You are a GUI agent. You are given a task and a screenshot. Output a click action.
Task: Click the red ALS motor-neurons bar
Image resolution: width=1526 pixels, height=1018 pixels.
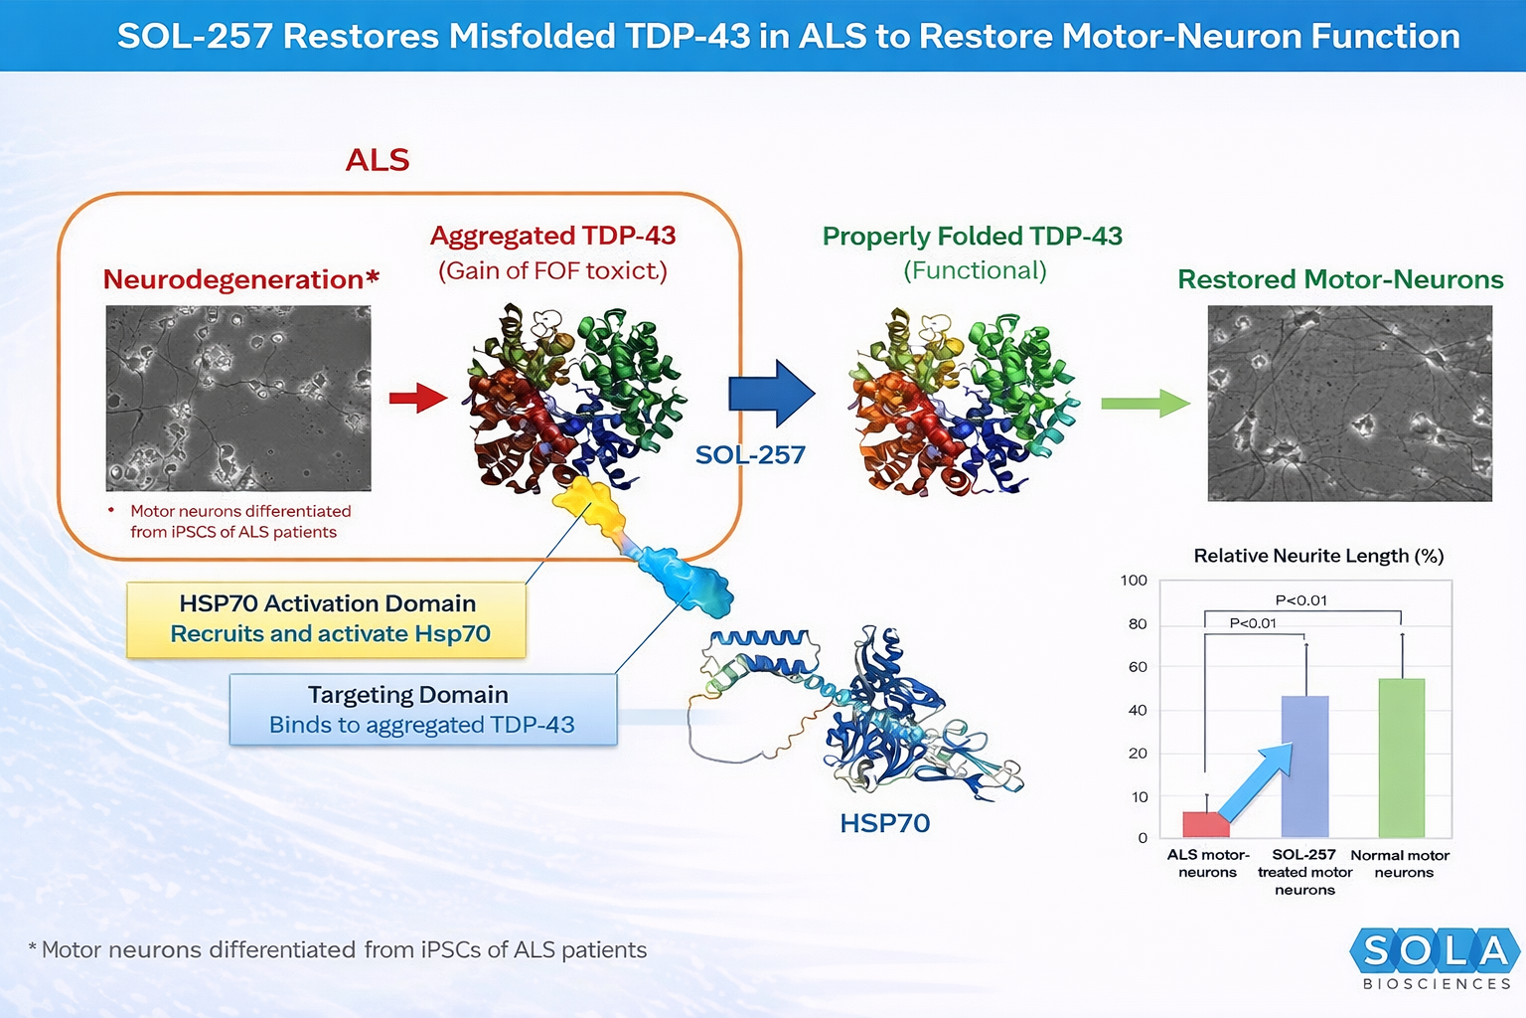tap(1205, 824)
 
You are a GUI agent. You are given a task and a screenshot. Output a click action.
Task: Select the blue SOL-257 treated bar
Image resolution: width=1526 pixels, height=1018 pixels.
tap(1304, 765)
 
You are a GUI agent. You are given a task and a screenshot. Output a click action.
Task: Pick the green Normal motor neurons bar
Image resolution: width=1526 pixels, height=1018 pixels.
tap(1401, 758)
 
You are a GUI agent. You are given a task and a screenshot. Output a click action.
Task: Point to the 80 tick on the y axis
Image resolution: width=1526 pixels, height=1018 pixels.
tap(1138, 624)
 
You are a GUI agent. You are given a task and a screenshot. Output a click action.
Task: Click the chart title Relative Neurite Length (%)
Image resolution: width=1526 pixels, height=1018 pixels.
tap(1318, 556)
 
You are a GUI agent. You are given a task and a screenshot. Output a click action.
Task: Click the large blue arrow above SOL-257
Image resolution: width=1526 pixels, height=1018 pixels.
tap(771, 394)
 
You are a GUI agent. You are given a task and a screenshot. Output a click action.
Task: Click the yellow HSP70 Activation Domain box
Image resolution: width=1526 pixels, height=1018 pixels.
tap(326, 619)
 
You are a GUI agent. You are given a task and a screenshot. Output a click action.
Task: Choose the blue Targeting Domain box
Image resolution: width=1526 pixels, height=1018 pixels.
tap(422, 710)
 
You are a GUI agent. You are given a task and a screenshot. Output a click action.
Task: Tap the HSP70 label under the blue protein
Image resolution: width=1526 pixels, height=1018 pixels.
tap(884, 823)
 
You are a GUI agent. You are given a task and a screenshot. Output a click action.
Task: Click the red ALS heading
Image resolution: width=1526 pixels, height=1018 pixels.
tap(378, 160)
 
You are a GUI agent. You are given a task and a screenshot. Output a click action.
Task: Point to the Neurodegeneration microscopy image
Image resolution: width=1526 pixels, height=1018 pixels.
tap(238, 398)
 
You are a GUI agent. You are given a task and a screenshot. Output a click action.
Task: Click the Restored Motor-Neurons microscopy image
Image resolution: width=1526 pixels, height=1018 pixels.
tap(1349, 403)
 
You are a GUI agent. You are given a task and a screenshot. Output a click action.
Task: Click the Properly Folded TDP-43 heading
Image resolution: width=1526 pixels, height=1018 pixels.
tap(972, 237)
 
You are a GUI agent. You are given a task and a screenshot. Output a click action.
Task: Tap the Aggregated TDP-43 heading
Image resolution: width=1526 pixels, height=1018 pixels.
tap(552, 236)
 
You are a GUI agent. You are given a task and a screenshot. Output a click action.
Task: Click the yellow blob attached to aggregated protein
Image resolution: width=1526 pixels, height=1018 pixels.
tap(590, 505)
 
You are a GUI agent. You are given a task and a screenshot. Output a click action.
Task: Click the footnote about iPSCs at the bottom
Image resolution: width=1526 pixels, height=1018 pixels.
tap(338, 950)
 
